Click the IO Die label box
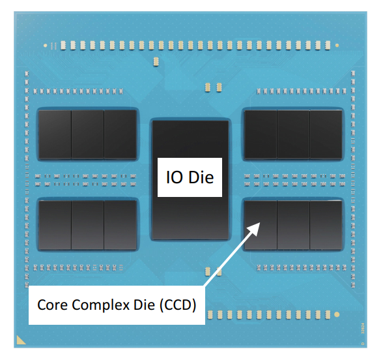[x=190, y=177]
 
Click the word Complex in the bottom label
[x=100, y=305]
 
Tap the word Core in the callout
[x=53, y=305]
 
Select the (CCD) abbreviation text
[x=178, y=305]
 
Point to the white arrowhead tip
[x=260, y=222]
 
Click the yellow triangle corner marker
[x=20, y=341]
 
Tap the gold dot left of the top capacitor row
[x=45, y=46]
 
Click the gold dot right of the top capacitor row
[x=337, y=46]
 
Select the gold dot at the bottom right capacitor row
[x=337, y=314]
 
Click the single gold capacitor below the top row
[x=156, y=61]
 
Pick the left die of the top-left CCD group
[x=55, y=134]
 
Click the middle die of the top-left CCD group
[x=88, y=134]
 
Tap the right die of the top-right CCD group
[x=326, y=134]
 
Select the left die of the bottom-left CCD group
[x=55, y=225]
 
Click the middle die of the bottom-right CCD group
[x=293, y=225]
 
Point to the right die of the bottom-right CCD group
[x=326, y=225]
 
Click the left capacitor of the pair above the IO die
[x=208, y=87]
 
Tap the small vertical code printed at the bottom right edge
[x=363, y=328]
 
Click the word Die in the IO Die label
[x=201, y=177]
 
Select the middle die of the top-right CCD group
[x=293, y=134]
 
